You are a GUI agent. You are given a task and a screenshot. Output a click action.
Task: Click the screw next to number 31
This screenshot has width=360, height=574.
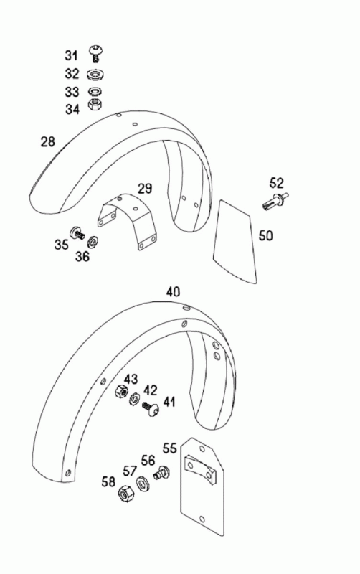click(x=96, y=53)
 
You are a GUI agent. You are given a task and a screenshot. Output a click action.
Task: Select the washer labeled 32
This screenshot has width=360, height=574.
click(x=97, y=75)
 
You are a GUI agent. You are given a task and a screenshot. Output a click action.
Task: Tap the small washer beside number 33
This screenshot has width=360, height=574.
click(x=95, y=91)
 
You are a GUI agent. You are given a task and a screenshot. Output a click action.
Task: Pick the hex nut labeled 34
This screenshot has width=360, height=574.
click(x=95, y=104)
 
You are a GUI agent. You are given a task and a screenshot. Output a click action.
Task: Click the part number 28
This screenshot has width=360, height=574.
click(x=48, y=141)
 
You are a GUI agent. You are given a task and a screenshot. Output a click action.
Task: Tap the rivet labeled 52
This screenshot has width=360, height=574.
click(x=275, y=201)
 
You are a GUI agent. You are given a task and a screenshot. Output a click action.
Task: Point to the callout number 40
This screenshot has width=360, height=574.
click(x=173, y=292)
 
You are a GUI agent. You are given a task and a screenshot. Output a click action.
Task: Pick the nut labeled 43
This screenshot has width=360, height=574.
click(x=121, y=391)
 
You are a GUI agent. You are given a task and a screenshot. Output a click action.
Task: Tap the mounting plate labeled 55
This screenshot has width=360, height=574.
click(x=203, y=486)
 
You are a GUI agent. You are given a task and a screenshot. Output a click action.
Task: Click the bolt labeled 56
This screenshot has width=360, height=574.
click(x=161, y=472)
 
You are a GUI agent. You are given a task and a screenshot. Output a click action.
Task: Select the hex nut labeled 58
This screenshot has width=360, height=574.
click(x=126, y=494)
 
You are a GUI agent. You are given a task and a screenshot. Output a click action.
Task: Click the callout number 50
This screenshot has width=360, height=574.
click(x=266, y=235)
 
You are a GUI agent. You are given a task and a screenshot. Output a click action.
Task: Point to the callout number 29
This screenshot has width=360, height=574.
click(x=145, y=189)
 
